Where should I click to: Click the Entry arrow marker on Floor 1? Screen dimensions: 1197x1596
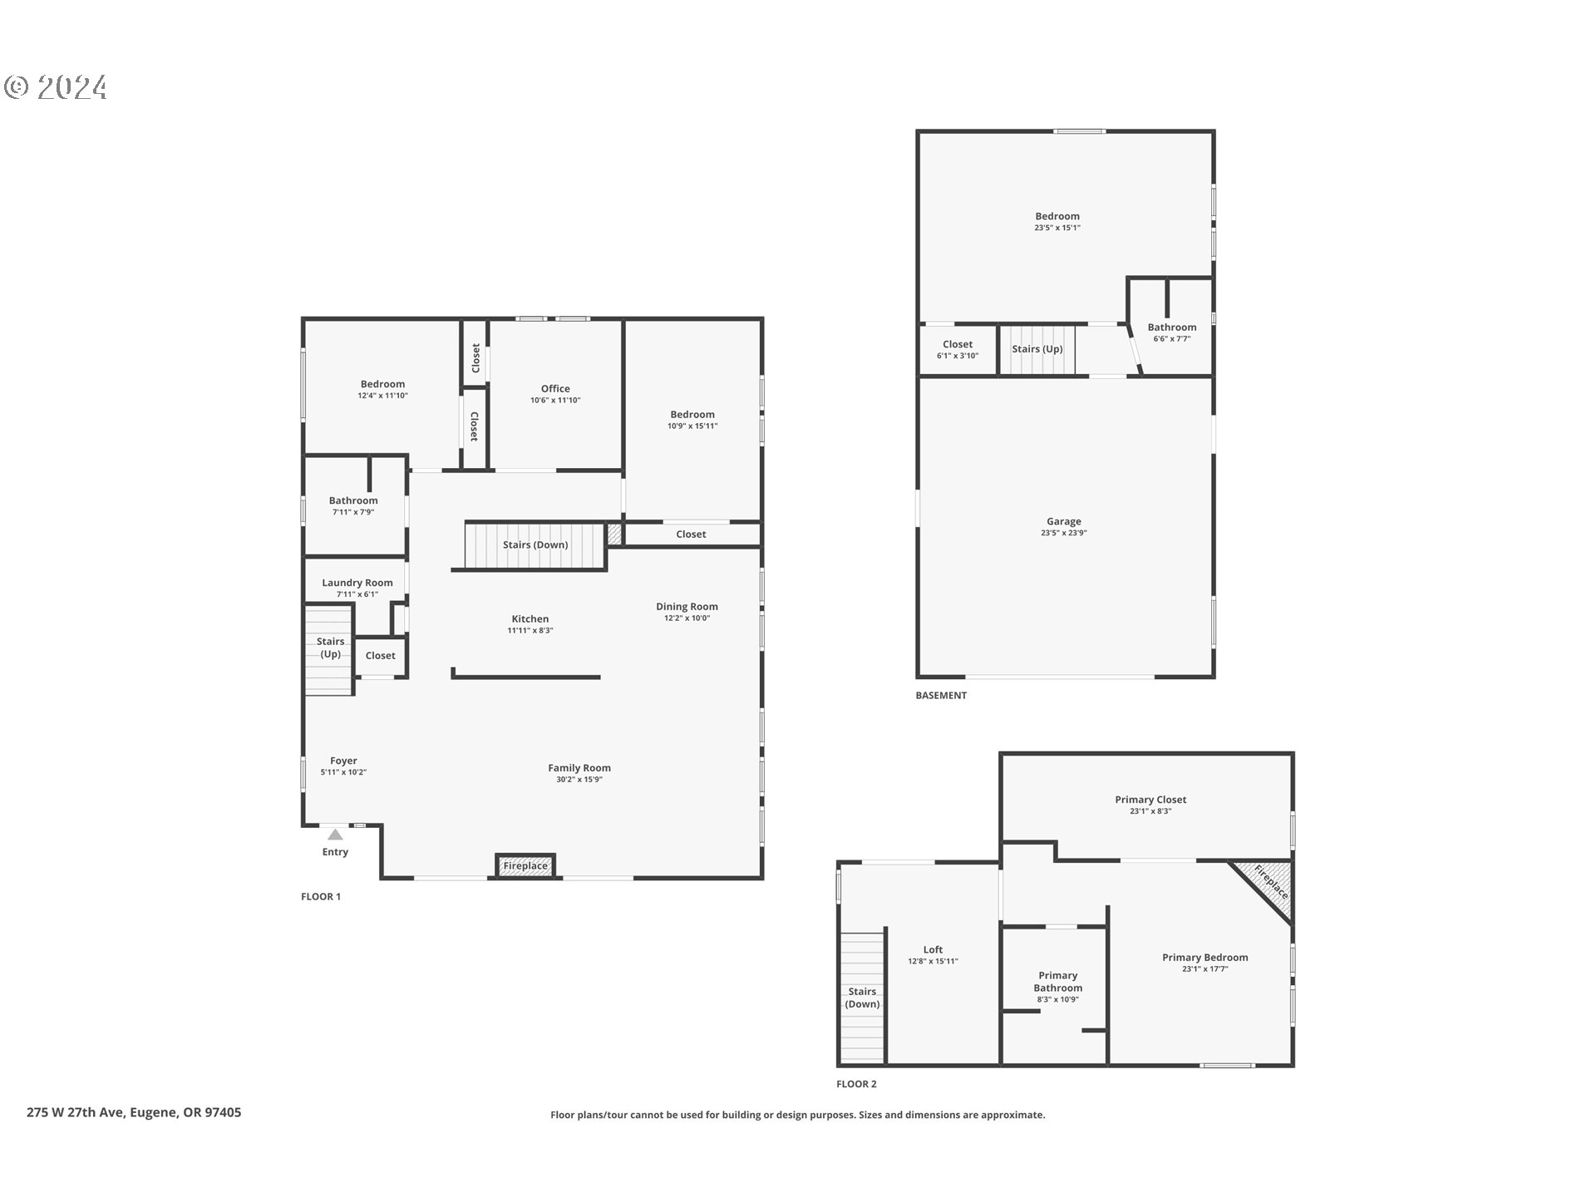pos(334,834)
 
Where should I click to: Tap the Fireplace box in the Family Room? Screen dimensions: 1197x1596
pos(525,865)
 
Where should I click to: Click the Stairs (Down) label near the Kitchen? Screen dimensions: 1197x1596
pos(535,544)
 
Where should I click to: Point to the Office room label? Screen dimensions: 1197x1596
pos(555,388)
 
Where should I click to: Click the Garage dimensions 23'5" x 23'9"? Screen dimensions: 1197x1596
pos(1063,533)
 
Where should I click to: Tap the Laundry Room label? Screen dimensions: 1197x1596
pos(357,583)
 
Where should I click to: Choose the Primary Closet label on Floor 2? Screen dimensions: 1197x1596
pos(1150,800)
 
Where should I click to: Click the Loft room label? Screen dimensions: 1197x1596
pos(933,949)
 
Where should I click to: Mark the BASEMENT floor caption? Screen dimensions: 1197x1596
pos(941,695)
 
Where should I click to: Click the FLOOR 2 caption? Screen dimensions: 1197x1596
pos(856,1084)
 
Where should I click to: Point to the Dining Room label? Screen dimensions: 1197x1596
pos(687,607)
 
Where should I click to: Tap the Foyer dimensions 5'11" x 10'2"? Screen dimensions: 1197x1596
pos(343,772)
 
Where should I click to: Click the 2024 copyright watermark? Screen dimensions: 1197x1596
pos(57,87)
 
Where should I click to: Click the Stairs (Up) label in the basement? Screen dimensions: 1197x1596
pos(1037,349)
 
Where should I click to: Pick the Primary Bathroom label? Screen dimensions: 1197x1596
pos(1057,982)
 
